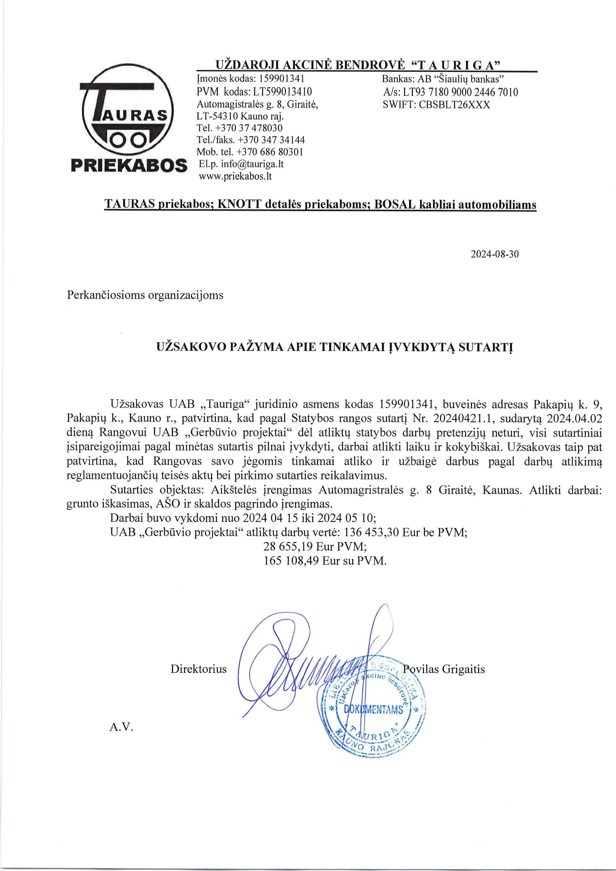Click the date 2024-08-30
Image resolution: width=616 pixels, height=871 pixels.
click(494, 254)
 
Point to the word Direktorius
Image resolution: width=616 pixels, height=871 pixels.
click(198, 669)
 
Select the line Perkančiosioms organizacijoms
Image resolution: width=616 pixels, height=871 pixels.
click(145, 295)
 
